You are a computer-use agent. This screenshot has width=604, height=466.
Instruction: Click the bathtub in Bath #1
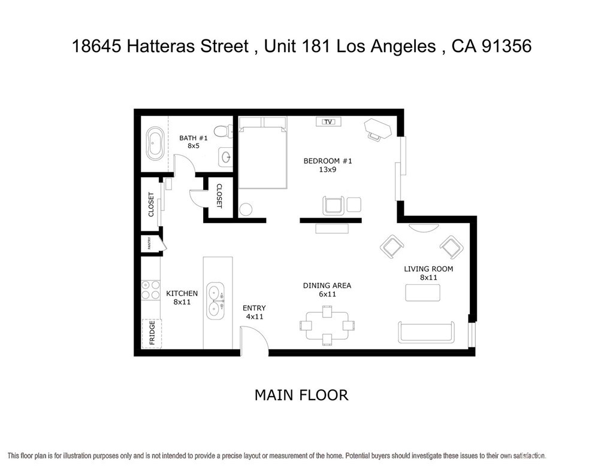click(x=155, y=144)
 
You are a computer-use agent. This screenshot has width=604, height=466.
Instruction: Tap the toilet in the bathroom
click(x=223, y=131)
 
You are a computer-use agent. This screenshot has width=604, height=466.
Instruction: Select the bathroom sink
click(x=226, y=157)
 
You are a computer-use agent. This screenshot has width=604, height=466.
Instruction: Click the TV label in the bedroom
click(x=328, y=122)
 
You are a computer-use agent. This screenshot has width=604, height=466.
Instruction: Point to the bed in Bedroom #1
click(x=262, y=153)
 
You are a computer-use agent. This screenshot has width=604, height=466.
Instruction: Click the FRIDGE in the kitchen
click(x=152, y=333)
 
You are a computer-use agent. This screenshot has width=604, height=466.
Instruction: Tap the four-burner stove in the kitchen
click(x=150, y=290)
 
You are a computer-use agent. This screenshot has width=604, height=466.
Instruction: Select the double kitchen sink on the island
click(x=216, y=301)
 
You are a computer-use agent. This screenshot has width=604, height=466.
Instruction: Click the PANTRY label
click(x=149, y=243)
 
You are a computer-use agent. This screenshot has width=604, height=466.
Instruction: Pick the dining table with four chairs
click(x=327, y=325)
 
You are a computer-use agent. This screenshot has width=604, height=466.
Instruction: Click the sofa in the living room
click(x=426, y=333)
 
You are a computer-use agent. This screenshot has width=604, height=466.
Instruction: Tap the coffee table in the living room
click(x=422, y=293)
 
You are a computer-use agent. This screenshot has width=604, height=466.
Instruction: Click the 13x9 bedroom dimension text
click(x=327, y=169)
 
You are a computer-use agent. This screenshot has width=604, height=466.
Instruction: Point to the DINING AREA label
click(x=327, y=286)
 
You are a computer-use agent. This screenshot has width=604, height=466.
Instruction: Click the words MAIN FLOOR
click(x=301, y=395)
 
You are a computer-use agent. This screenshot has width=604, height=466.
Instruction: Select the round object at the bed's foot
click(x=246, y=210)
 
